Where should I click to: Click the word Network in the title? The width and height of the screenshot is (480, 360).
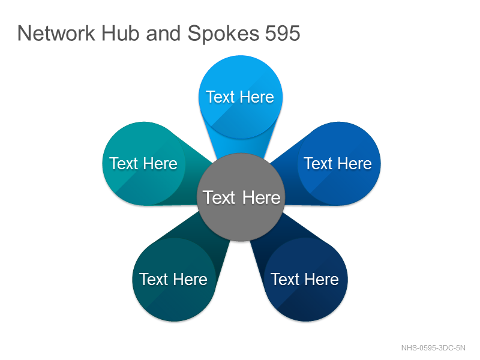[56, 33]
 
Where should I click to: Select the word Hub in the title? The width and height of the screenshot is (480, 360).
[121, 33]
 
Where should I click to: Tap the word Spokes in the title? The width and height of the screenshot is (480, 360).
[223, 34]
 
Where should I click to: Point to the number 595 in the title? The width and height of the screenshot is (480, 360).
[283, 33]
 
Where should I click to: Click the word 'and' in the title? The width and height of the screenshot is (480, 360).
[163, 33]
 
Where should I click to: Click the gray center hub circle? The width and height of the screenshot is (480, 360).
[241, 197]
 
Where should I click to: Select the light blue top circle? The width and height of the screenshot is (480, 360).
[241, 97]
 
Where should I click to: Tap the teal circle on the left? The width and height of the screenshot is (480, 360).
[144, 163]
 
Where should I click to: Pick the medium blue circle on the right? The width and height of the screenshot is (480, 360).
[339, 163]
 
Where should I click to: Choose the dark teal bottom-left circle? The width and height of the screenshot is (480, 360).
[174, 280]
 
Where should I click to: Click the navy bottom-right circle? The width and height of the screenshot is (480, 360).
[305, 280]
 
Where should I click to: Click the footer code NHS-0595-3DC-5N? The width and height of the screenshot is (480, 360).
[433, 348]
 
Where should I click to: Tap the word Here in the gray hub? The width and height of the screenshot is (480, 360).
[261, 198]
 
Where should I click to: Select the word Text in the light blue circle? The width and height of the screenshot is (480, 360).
[220, 97]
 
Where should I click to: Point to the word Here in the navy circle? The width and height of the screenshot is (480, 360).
[322, 280]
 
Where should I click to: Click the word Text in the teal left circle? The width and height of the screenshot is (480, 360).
[124, 163]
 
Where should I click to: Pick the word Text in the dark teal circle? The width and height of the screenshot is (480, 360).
[154, 280]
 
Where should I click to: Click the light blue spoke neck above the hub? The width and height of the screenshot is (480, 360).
[241, 146]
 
